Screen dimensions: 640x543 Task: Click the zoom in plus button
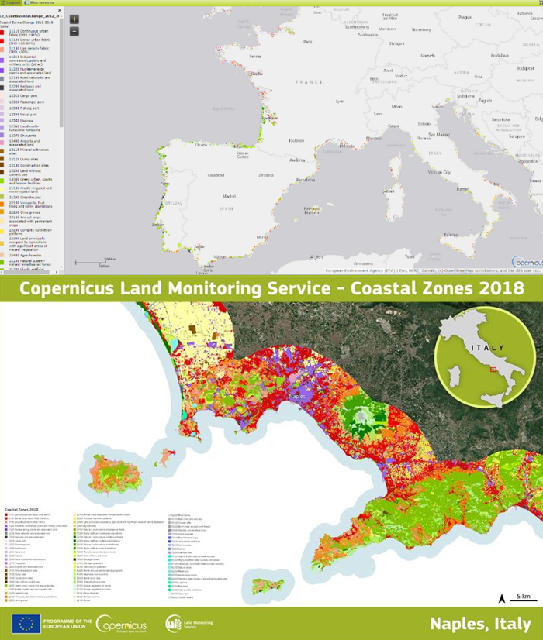coord(74,19)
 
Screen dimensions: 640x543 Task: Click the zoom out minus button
coord(74,32)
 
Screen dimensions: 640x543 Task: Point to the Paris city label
coord(307,42)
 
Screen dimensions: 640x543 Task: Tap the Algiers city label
coord(316,256)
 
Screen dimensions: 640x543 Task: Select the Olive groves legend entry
coord(35,211)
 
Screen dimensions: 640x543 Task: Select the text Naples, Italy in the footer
coord(480,624)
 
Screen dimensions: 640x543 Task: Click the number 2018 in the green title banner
coord(500,289)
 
